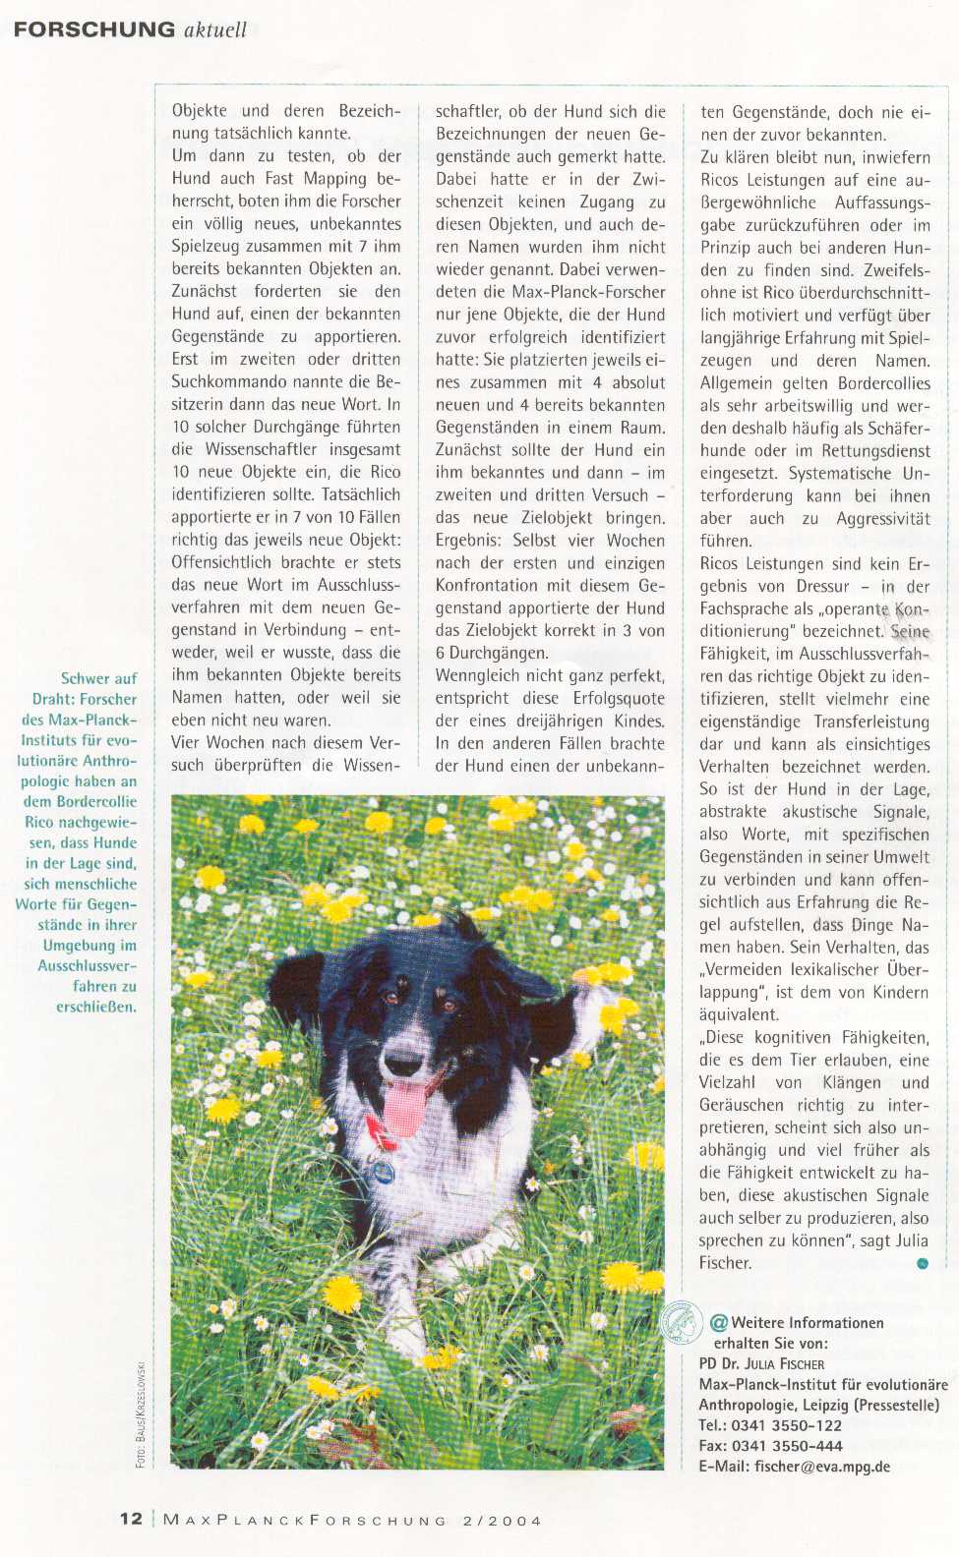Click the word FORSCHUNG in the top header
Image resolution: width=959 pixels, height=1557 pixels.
coord(94,29)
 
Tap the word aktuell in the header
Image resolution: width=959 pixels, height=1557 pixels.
coord(215,29)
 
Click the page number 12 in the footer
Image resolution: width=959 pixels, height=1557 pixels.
coord(131,1519)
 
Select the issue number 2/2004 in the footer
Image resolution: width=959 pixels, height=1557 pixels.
coord(502,1520)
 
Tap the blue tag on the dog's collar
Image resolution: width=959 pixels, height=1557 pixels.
coord(380,1171)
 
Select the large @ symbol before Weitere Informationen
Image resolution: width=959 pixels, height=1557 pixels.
coord(718,1322)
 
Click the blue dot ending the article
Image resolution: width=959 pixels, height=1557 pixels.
coord(922,1263)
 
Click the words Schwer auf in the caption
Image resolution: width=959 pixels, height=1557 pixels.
coord(98,678)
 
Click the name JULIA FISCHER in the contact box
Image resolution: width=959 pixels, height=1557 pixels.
coord(784,1363)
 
